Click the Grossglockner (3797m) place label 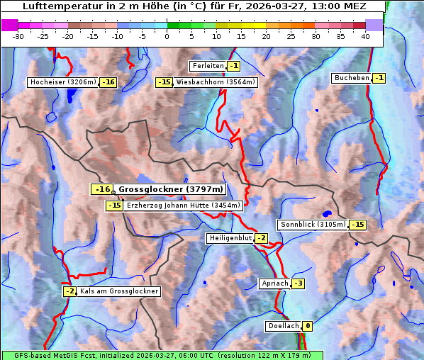tap(170, 189)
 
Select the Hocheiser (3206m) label tap(63, 82)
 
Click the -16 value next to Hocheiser tap(108, 82)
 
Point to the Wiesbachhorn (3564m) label tap(216, 82)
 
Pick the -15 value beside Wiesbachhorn tap(164, 82)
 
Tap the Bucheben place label tap(350, 78)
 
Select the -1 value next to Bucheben tap(379, 78)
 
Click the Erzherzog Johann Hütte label tap(184, 206)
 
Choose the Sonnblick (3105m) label tap(313, 225)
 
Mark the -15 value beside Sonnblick tap(358, 225)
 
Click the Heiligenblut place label tap(230, 238)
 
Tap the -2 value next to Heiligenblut tap(261, 238)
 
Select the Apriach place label tap(274, 283)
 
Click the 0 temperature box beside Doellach tap(307, 326)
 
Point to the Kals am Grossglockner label tap(119, 291)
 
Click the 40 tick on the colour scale tap(364, 36)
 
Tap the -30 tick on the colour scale tap(18, 36)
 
